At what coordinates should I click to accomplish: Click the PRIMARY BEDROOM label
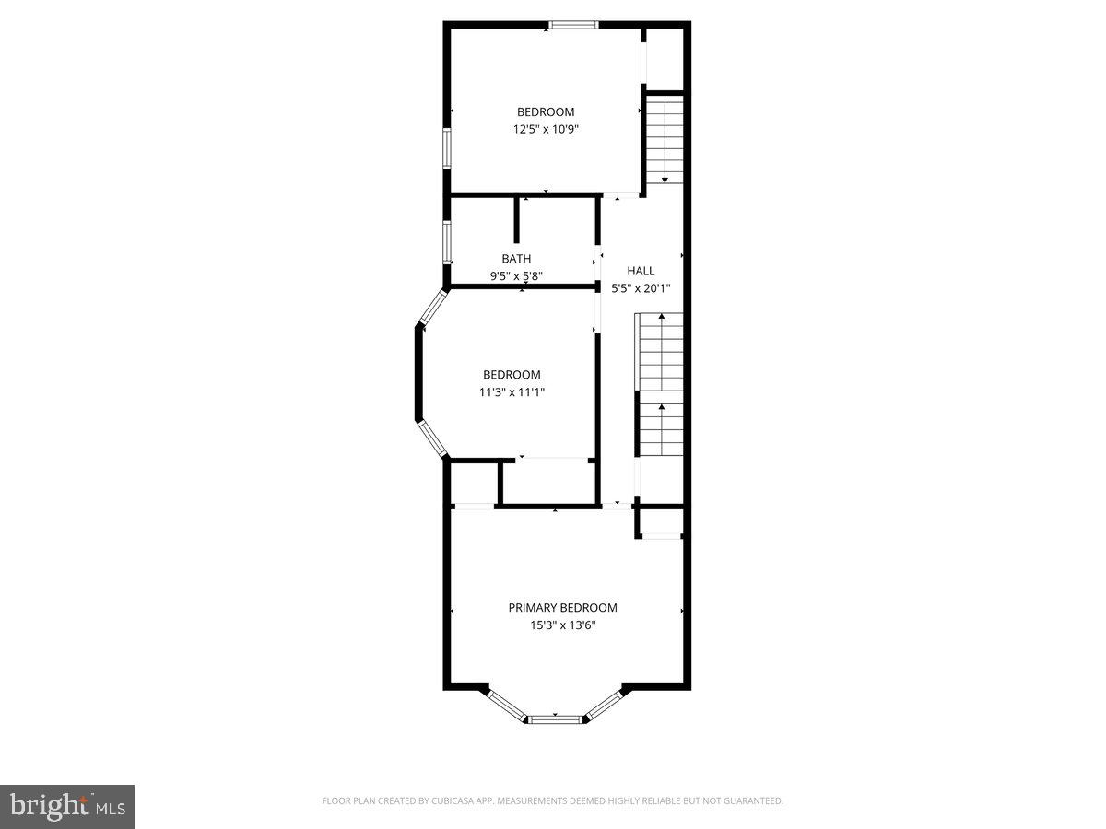coord(562,608)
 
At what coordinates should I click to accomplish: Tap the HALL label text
coord(641,271)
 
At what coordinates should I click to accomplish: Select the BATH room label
coord(516,259)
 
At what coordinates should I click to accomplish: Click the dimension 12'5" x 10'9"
coord(546,130)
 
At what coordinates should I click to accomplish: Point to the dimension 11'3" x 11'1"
coord(512,391)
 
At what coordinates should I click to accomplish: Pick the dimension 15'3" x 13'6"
coord(562,625)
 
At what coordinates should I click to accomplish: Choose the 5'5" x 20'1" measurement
coord(641,287)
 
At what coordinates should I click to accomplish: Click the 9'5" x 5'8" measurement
coord(516,275)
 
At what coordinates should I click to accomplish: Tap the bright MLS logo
coord(67,806)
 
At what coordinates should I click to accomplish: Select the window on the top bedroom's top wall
coord(573,25)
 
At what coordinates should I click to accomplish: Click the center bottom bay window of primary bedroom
coord(555,717)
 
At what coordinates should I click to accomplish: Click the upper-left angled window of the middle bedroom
coord(432,309)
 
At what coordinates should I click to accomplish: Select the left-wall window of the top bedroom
coord(447,148)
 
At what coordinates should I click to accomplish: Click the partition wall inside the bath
coord(517,219)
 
